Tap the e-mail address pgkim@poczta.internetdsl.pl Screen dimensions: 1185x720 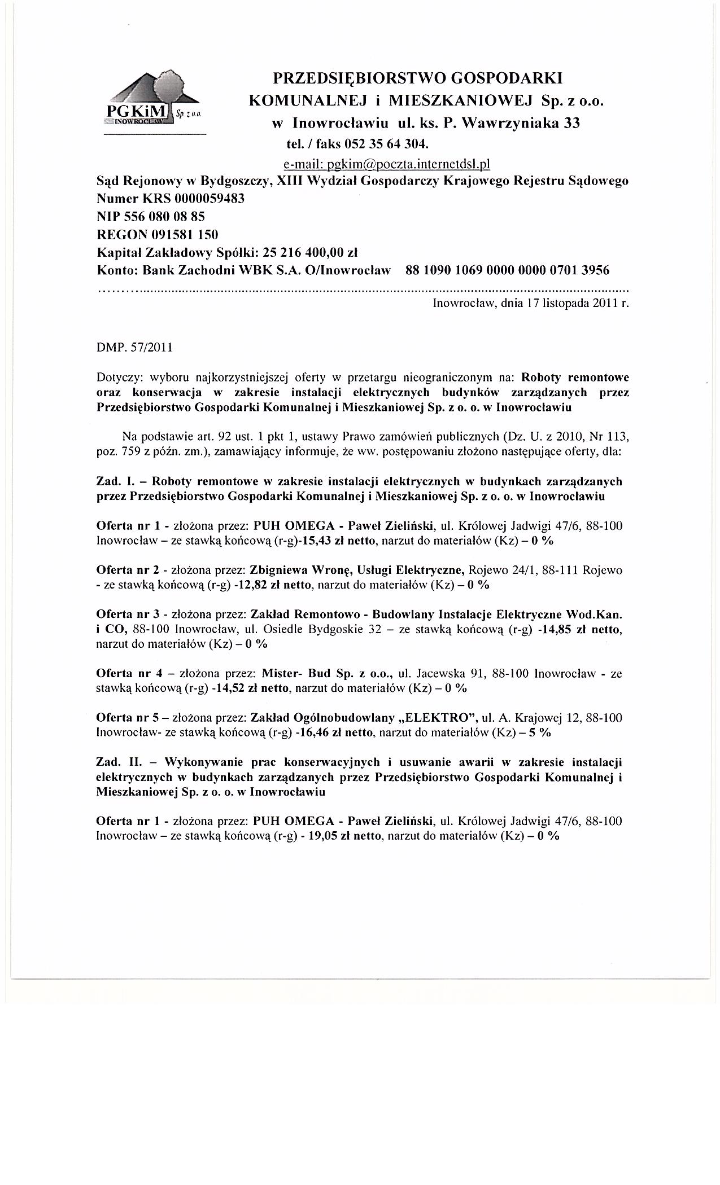pos(386,164)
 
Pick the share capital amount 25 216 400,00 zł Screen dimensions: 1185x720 pos(311,252)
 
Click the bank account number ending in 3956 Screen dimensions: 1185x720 pos(508,270)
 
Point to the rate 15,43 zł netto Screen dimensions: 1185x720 pos(338,541)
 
